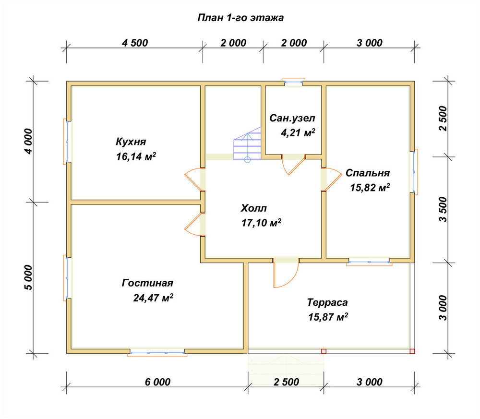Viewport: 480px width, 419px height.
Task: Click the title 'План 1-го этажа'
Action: click(240, 18)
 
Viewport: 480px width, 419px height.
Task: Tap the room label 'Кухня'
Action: click(131, 142)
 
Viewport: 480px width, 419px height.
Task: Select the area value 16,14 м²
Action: click(136, 156)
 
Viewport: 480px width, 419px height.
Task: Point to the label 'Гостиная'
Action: click(147, 283)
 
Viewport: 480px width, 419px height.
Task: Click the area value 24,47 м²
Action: click(153, 298)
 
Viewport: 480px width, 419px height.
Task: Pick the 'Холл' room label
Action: click(254, 208)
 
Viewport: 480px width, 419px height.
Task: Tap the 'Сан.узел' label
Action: click(292, 118)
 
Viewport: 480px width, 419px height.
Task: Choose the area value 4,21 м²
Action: click(298, 132)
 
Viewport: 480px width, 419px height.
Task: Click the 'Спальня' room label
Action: click(368, 173)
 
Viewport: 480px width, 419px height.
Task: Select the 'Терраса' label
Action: click(327, 302)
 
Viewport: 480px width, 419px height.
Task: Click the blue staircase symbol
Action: click(247, 144)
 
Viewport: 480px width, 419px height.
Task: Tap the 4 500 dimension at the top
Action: click(135, 43)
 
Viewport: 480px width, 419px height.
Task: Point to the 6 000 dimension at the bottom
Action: click(157, 382)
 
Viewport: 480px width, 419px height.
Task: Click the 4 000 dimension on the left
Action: click(27, 142)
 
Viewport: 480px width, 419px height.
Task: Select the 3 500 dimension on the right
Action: click(443, 209)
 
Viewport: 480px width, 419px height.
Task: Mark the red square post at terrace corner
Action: click(412, 351)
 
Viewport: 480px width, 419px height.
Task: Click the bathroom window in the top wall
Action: click(293, 82)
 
